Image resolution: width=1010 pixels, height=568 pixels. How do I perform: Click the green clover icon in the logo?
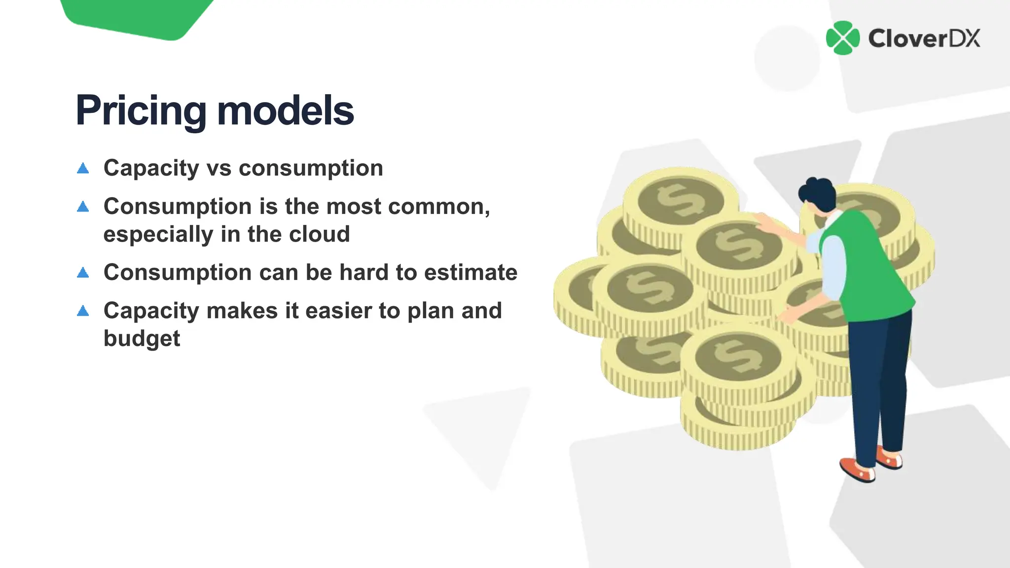point(843,38)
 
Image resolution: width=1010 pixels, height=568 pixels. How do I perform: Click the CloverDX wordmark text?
point(924,38)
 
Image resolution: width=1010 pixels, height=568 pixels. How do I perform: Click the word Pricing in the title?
point(141,110)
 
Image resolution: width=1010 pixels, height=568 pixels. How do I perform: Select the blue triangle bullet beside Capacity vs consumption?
point(83,169)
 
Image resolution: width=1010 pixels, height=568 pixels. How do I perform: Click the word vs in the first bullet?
point(219,168)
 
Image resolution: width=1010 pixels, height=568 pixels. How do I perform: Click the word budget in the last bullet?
point(142,339)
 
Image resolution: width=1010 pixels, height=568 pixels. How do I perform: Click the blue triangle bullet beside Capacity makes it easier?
point(83,311)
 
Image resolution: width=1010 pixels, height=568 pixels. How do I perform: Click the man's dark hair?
point(818,192)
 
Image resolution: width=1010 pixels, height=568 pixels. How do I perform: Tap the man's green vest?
point(873,266)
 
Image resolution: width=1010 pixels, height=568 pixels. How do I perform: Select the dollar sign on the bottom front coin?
point(738,356)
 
